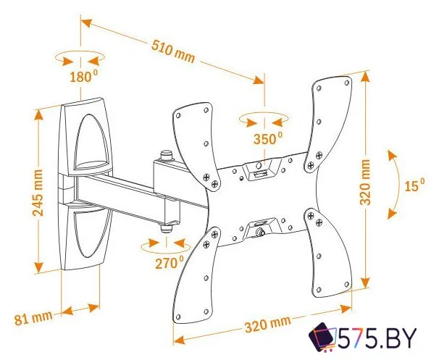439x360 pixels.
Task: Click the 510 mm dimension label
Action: [172, 50]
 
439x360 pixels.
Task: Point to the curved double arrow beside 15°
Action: [391, 184]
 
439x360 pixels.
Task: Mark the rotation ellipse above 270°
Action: [165, 243]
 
